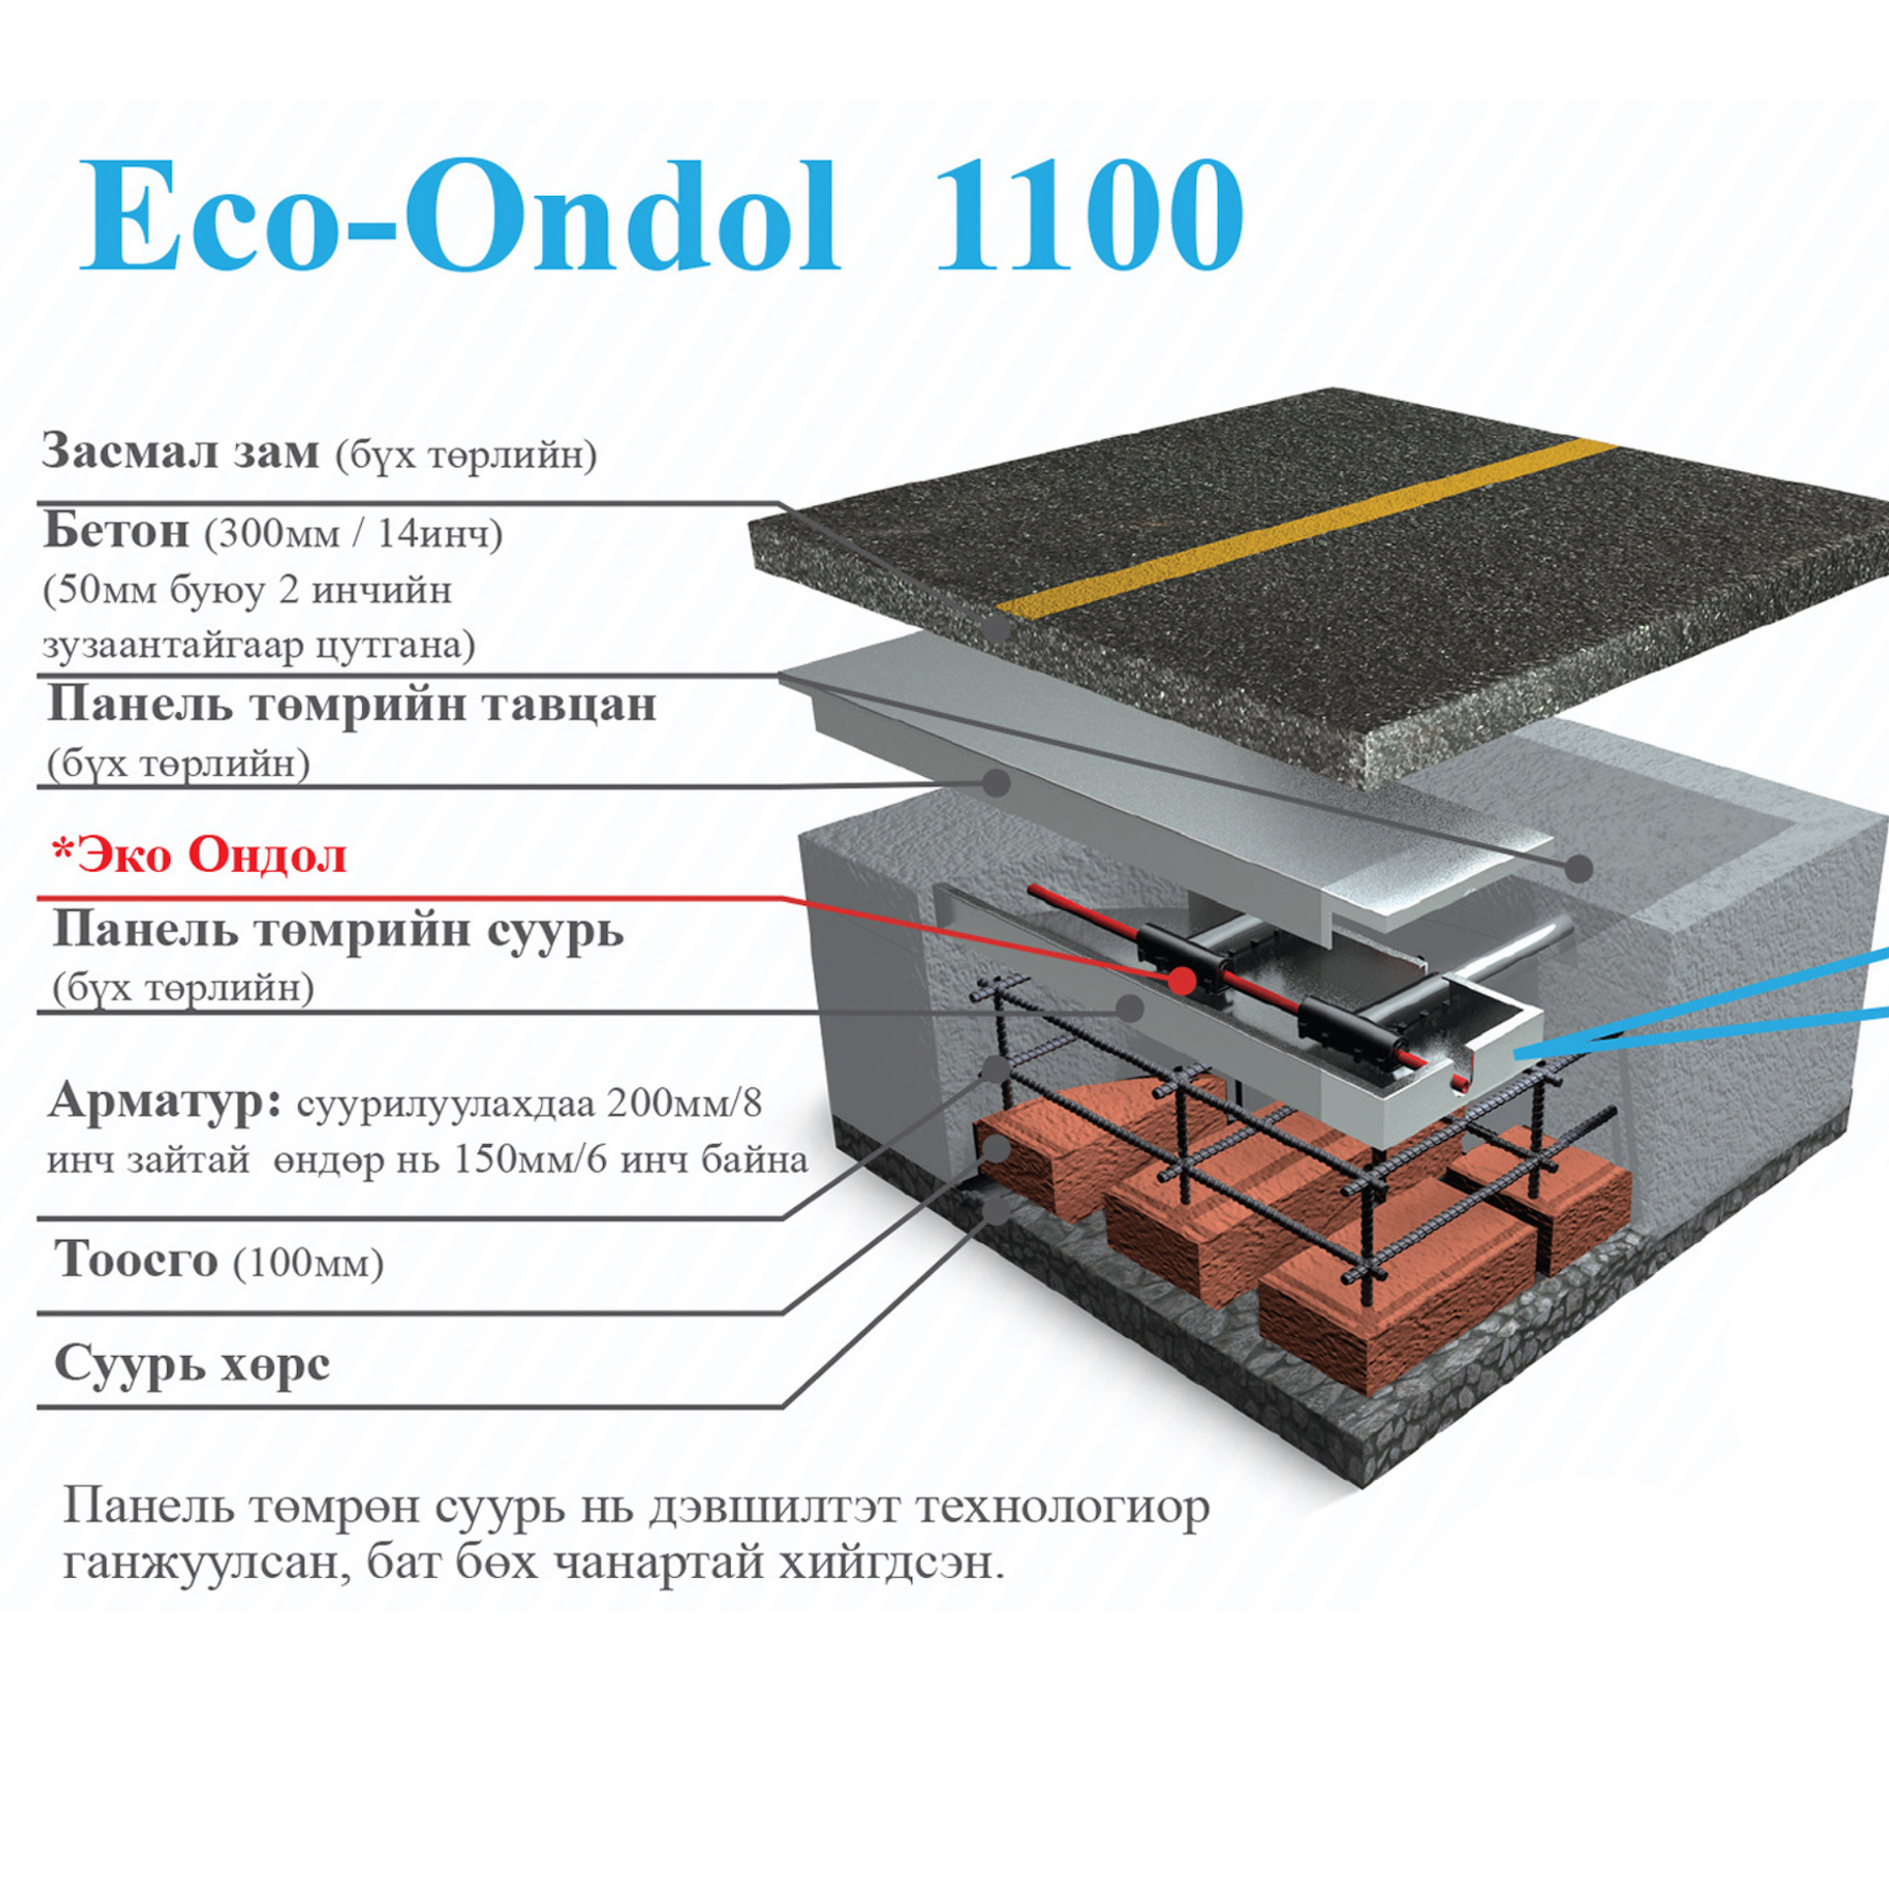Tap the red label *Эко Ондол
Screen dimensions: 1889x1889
click(200, 855)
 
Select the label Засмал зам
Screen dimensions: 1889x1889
click(181, 452)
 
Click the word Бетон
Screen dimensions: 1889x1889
click(117, 531)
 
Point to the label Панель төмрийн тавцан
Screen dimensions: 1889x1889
click(351, 705)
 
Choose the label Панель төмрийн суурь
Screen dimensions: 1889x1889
click(337, 930)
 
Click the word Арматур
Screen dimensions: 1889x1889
click(165, 1101)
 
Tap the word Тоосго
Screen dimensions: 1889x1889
click(136, 1260)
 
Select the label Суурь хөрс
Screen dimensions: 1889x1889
click(192, 1365)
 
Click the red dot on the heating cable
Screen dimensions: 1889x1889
click(1184, 981)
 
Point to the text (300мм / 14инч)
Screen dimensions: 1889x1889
click(353, 534)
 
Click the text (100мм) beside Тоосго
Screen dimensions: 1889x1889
click(308, 1264)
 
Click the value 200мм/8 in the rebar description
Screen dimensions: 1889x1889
click(683, 1104)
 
